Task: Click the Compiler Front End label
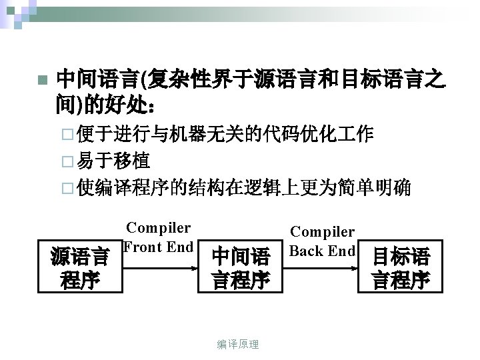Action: click(x=159, y=237)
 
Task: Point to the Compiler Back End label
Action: click(x=323, y=241)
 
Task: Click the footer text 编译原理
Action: click(x=238, y=344)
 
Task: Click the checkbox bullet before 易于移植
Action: click(x=64, y=161)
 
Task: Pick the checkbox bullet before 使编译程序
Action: click(x=64, y=188)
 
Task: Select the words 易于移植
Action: click(x=113, y=161)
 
